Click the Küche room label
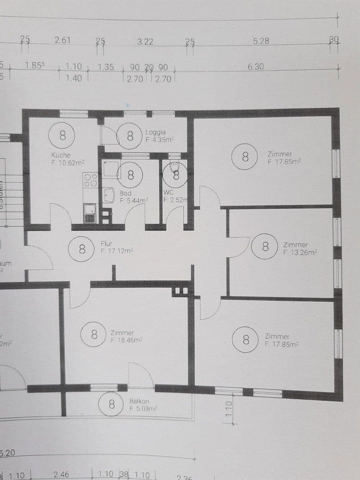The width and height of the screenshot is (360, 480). pos(61,155)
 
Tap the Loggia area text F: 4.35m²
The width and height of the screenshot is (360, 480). pos(159,140)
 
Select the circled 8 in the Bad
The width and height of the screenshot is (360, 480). pos(131,175)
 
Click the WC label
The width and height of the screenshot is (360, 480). pos(168,193)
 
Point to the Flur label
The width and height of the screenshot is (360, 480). pos(106,244)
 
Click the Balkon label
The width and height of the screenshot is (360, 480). pos(139,401)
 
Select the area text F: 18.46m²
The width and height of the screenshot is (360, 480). pos(126,340)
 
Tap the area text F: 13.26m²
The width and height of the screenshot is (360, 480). pos(300,252)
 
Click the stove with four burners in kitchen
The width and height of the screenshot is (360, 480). pos(91,180)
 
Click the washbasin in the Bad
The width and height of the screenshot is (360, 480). pos(109,194)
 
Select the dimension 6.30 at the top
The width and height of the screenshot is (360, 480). pos(256,67)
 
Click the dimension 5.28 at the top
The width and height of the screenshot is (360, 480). pos(261,41)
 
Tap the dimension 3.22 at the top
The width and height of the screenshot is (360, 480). pos(145,42)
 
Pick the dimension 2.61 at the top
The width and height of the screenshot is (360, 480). pos(63,40)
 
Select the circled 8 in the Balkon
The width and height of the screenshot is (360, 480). pos(112,404)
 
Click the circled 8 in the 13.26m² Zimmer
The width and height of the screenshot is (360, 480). pos(265,246)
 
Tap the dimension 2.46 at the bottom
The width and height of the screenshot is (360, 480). pos(61,475)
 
